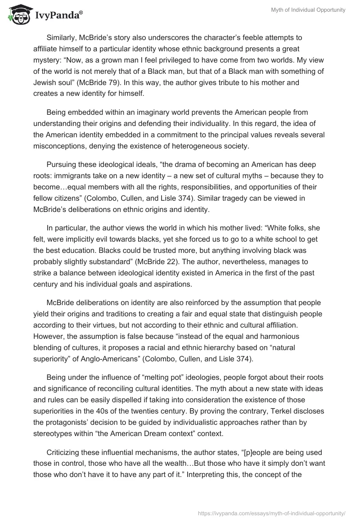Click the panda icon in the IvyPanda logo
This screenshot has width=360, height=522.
pyautogui.click(x=18, y=15)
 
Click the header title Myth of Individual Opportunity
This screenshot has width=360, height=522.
pyautogui.click(x=308, y=10)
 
